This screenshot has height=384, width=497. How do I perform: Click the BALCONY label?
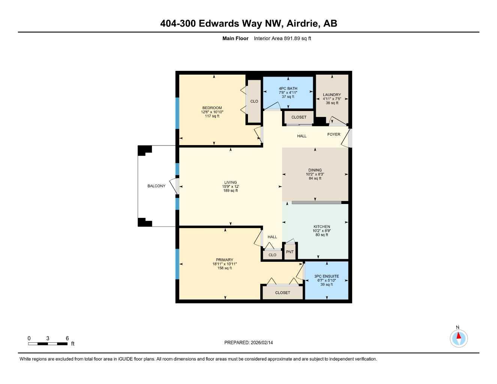coord(156,186)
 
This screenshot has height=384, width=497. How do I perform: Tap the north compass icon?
coord(458,338)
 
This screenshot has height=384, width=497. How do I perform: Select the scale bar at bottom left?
coord(48,343)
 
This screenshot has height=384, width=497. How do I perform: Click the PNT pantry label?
coord(290,252)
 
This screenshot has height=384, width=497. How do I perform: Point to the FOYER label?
coord(334,134)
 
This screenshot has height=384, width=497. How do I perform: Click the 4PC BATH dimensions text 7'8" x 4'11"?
coord(288,93)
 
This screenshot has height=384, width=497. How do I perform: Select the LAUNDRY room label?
coord(332,95)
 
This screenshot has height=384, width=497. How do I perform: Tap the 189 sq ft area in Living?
coord(230,190)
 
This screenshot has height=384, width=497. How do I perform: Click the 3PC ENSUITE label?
coord(326,276)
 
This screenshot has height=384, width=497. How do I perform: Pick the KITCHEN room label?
coord(322,226)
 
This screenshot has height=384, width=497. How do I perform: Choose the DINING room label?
coord(315,170)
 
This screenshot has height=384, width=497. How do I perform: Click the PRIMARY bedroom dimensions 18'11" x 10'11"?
coord(224,264)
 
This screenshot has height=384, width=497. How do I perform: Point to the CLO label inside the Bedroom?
coord(254,101)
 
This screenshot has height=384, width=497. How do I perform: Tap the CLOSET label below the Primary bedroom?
coord(282,293)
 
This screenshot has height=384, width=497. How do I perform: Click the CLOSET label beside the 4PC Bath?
coord(299,117)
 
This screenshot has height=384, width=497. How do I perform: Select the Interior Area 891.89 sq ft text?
coord(282,38)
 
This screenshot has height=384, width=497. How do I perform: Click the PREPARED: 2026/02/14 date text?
coord(249,343)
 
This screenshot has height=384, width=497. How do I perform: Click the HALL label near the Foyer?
coord(302,136)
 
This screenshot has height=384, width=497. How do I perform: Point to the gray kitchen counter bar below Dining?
coord(317,202)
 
